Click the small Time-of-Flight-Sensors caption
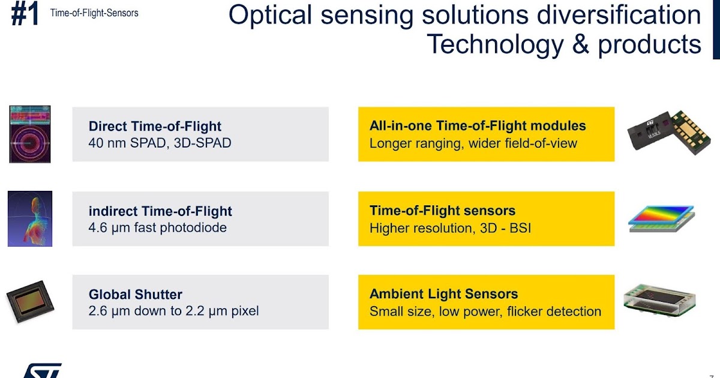[94, 13]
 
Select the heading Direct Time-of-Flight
[155, 127]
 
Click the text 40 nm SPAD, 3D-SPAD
[160, 143]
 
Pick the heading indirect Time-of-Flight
[160, 211]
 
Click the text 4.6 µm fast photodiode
[157, 228]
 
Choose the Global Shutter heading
[135, 295]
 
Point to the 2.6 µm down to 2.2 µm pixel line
[173, 311]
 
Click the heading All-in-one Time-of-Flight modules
[478, 126]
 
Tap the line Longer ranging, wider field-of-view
[473, 143]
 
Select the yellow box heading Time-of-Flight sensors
[442, 211]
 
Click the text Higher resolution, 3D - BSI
[450, 228]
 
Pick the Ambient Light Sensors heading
[443, 294]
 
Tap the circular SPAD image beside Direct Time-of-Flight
[30, 134]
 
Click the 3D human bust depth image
[30, 218]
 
